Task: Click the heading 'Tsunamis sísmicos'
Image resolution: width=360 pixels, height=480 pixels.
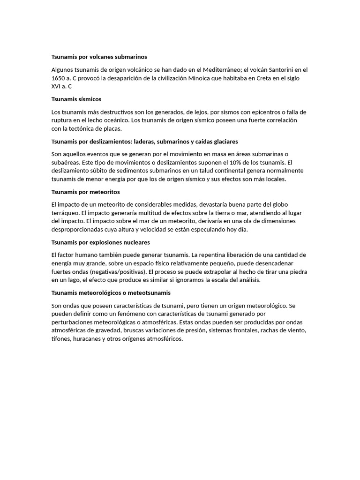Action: [x=76, y=99]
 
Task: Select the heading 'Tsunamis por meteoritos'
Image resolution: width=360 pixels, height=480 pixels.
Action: [x=85, y=192]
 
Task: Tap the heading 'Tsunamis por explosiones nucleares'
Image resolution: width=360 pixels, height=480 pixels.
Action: [x=100, y=242]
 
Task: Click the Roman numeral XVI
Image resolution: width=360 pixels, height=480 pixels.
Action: [x=56, y=86]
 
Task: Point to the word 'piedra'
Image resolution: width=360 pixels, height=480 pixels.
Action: [x=297, y=271]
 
